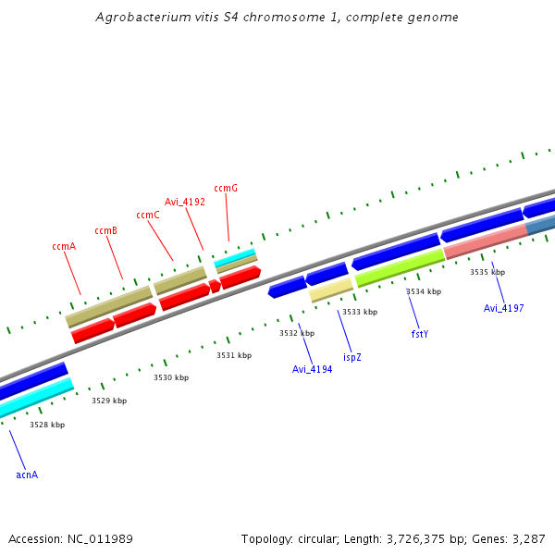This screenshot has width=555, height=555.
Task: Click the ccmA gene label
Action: [x=63, y=246]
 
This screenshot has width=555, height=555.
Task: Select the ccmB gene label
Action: [x=105, y=230]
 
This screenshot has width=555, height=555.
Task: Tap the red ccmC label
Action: [x=148, y=215]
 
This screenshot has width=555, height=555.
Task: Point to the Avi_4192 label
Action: [x=185, y=202]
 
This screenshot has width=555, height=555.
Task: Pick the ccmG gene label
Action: [x=226, y=188]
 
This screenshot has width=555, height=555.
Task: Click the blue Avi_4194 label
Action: [x=312, y=369]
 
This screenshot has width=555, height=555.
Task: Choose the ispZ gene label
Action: [x=352, y=356]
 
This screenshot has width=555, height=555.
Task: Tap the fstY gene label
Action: [x=420, y=333]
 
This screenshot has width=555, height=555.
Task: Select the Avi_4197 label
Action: [x=504, y=308]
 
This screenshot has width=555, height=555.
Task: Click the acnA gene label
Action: [x=27, y=475]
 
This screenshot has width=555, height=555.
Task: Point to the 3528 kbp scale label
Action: [x=47, y=425]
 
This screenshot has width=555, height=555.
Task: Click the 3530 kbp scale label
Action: [x=171, y=377]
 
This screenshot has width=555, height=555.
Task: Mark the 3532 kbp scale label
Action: [x=297, y=333]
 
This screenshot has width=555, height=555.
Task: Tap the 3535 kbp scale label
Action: [x=487, y=272]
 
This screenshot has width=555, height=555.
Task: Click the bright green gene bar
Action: [x=399, y=266]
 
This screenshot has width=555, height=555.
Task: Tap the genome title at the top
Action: [x=277, y=18]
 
